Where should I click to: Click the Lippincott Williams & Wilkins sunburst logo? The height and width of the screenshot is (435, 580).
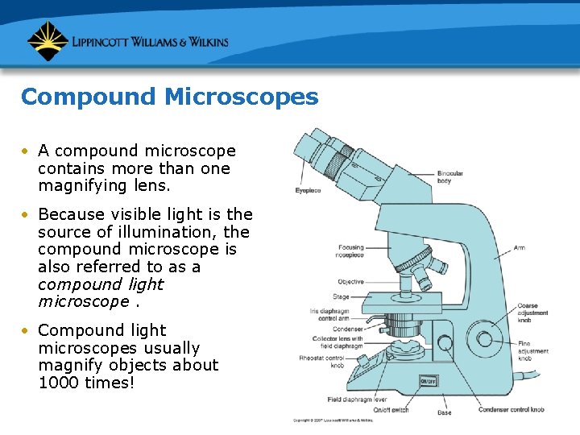point(47,41)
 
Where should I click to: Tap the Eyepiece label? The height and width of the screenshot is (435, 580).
point(307,190)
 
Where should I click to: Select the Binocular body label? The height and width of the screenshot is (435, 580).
point(450,177)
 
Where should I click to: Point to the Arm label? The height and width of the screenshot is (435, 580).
point(519,247)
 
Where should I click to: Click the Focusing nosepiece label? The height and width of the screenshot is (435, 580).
point(350,251)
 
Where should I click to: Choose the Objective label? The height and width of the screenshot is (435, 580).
point(350,282)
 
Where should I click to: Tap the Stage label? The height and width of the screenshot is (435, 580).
point(341,296)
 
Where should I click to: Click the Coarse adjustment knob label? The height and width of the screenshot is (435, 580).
point(532,313)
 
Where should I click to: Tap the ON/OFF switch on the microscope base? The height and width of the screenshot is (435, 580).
point(429,381)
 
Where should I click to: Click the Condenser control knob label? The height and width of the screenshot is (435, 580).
point(511,409)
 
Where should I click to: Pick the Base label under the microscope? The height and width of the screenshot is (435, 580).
point(444,412)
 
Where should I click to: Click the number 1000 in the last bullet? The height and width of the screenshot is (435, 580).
point(56,383)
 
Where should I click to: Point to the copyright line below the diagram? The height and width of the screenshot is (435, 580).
point(333,420)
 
